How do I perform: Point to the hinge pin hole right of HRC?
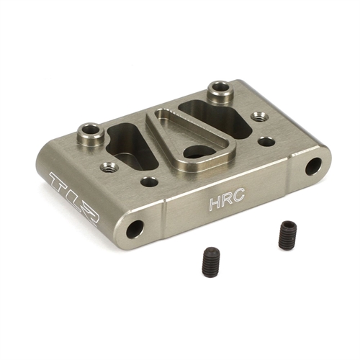pos(313,167)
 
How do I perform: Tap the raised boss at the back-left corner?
pos(91,132)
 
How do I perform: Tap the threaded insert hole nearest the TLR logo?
pos(110,167)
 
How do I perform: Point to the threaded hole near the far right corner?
pos(256,115)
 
